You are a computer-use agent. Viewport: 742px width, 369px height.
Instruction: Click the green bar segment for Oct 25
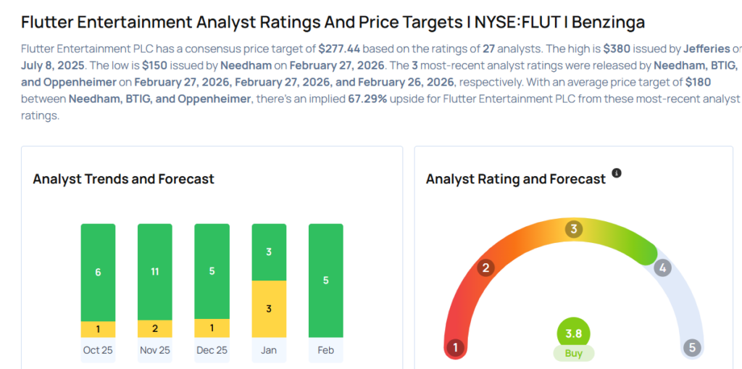[x=98, y=272]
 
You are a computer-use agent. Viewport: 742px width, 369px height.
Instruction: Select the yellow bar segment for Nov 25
[x=155, y=328]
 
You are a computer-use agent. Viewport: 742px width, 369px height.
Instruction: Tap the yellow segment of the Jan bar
[x=269, y=309]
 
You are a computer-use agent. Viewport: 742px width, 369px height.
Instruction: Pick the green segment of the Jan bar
[x=269, y=252]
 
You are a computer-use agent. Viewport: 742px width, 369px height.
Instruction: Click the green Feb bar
[x=326, y=280]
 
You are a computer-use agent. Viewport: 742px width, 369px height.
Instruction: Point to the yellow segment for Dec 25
[x=212, y=328]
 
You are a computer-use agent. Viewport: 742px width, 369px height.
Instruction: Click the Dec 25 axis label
[x=212, y=350]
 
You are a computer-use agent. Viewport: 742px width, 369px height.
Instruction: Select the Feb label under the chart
[x=326, y=350]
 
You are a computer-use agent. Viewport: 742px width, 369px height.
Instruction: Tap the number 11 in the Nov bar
[x=155, y=273]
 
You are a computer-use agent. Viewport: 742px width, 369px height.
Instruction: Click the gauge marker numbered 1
[x=456, y=348]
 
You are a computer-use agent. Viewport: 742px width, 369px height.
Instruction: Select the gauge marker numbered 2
[x=485, y=268]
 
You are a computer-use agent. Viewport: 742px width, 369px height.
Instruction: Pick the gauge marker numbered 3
[x=573, y=230]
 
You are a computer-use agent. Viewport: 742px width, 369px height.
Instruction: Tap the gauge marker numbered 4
[x=662, y=268]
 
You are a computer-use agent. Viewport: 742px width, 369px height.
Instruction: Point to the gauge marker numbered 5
[x=692, y=348]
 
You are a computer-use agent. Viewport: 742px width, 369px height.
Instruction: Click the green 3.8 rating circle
[x=573, y=334]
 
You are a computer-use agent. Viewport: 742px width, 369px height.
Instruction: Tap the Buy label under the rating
[x=573, y=354]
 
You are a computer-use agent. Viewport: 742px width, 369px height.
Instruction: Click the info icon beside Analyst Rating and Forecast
[x=617, y=173]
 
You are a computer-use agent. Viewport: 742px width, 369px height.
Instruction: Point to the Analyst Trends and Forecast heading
[x=123, y=179]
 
